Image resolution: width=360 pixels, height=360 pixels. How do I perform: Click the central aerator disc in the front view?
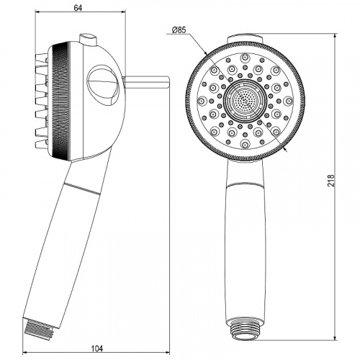tap(243, 100)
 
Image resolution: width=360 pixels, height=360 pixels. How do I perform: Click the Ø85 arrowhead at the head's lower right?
tap(286, 149)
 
